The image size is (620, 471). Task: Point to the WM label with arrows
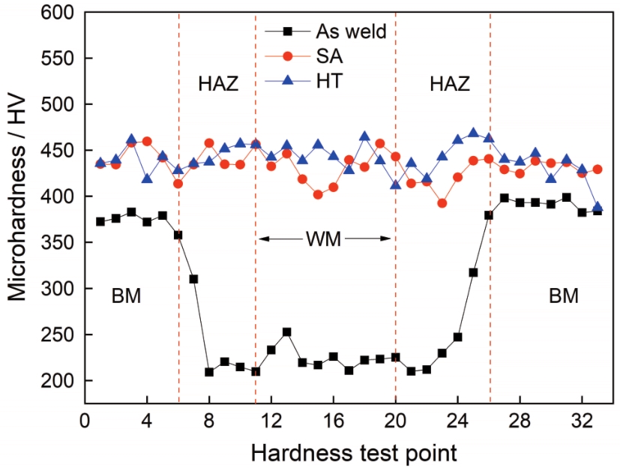pos(324,239)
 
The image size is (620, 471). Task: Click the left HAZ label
pos(217,83)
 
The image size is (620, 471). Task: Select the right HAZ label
pos(449,83)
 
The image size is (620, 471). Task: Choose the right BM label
pos(563,296)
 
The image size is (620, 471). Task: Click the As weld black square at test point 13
pos(286,331)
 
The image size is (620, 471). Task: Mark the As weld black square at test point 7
pos(193,279)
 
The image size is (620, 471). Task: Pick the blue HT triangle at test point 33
pos(597,207)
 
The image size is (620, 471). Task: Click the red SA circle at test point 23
pos(442,203)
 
